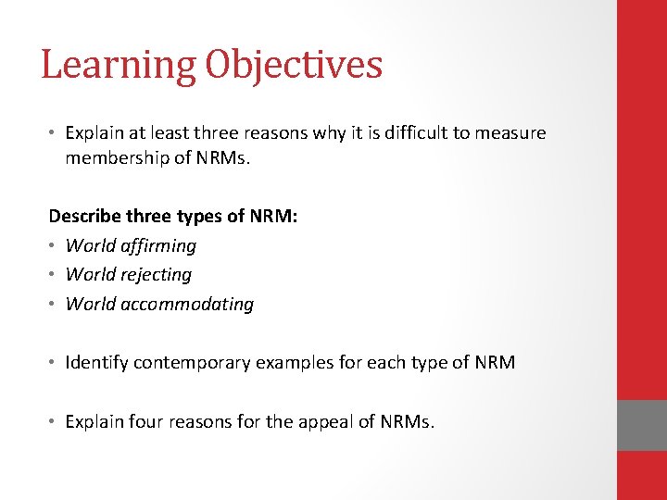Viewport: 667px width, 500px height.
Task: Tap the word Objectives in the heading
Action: [294, 66]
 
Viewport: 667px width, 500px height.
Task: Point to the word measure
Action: [511, 133]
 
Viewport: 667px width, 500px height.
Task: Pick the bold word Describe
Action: [84, 217]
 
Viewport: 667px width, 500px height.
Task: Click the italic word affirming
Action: [158, 246]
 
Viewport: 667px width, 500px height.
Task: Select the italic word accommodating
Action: [187, 305]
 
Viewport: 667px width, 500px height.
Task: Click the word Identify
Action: [96, 363]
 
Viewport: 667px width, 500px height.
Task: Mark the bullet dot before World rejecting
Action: [53, 275]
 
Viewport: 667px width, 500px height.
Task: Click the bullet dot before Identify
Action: [53, 363]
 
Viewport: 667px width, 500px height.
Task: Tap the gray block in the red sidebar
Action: [642, 425]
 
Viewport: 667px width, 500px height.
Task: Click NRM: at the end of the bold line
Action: [273, 217]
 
